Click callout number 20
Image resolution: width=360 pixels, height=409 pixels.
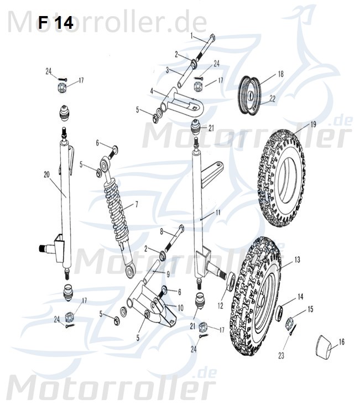click(46, 174)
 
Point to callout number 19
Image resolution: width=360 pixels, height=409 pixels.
click(313, 124)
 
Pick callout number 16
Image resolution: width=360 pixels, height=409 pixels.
click(341, 342)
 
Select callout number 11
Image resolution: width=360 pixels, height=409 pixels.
click(218, 213)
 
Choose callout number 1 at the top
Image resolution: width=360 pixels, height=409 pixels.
click(192, 35)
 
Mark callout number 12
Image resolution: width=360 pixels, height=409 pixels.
click(220, 304)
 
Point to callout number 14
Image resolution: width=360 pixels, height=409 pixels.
click(300, 297)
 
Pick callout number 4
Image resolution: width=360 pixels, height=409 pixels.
click(152, 90)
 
